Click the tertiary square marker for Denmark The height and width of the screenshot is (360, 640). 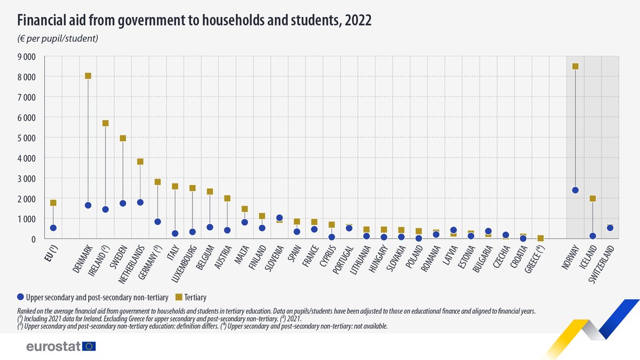click(x=88, y=76)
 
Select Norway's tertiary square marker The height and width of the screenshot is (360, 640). click(x=575, y=67)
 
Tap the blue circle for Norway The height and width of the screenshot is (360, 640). click(x=575, y=190)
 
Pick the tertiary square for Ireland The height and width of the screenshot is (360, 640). click(x=106, y=123)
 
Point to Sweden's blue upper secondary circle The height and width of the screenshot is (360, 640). click(x=123, y=203)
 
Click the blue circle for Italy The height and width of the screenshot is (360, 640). click(x=175, y=233)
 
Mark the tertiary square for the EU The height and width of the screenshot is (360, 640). click(x=53, y=203)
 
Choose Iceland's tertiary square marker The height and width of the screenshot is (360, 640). click(x=593, y=198)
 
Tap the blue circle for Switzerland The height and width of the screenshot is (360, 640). click(x=610, y=228)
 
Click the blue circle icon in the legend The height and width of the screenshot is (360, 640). click(x=21, y=297)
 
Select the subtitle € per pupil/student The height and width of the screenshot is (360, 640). click(x=58, y=38)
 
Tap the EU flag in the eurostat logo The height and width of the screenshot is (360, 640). click(x=89, y=347)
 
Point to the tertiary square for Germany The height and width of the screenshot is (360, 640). click(x=158, y=182)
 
